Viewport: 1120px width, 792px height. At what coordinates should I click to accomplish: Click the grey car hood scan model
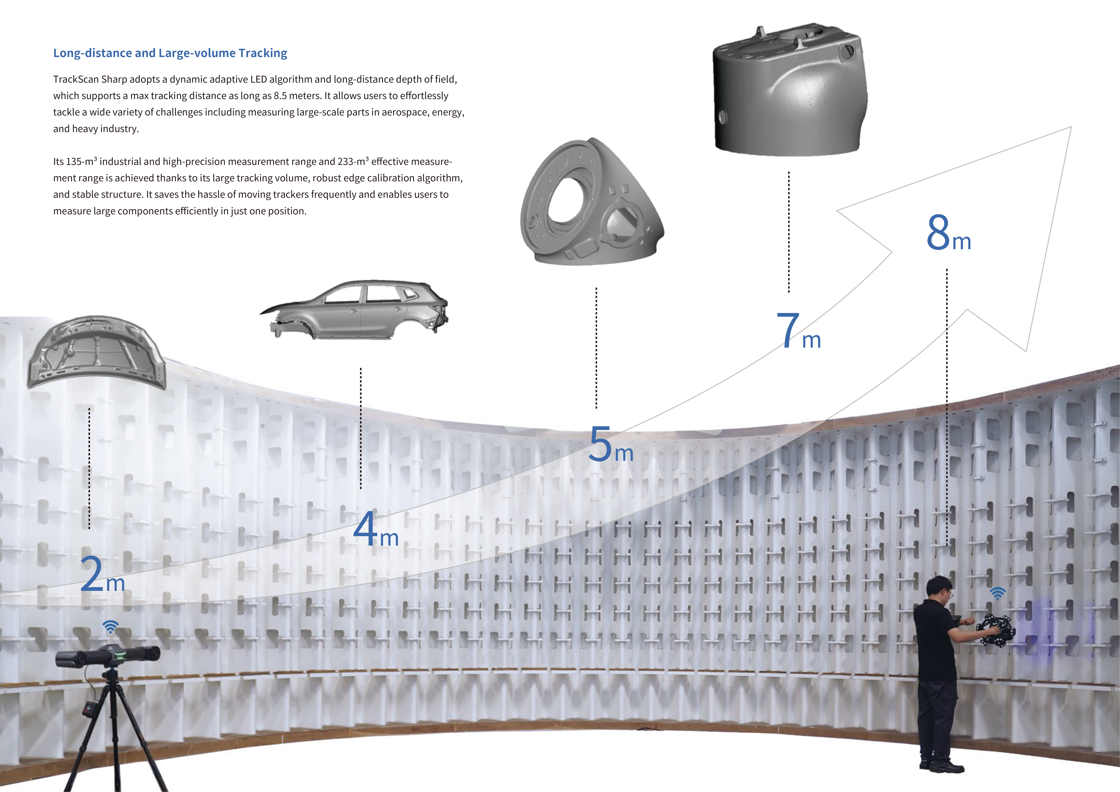(x=97, y=352)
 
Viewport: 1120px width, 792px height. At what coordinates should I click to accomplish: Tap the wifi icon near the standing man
(x=998, y=593)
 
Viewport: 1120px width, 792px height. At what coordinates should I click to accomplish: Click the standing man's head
(x=939, y=589)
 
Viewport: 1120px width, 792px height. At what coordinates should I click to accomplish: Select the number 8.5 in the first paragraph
(x=280, y=96)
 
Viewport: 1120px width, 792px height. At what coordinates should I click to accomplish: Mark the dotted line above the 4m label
(x=360, y=428)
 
